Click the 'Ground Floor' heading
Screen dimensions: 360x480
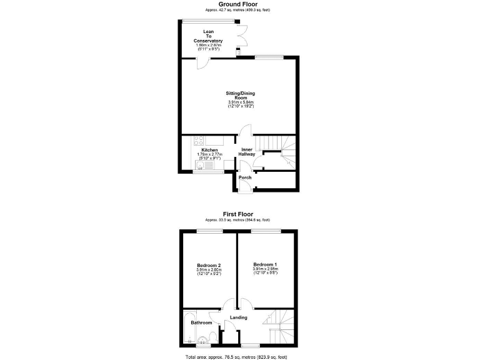tap(237, 4)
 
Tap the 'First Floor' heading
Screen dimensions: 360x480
tap(237, 214)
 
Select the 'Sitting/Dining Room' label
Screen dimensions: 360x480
tap(240, 96)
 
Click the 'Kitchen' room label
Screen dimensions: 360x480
tap(209, 150)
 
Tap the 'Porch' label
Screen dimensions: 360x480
tap(245, 177)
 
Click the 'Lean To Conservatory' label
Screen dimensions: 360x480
tap(209, 36)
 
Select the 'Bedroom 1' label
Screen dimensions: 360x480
tap(266, 264)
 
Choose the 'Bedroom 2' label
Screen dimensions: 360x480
tap(209, 265)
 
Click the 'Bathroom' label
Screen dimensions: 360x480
tap(201, 322)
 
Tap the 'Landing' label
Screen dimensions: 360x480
tap(239, 317)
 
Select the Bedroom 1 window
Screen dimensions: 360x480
tap(266, 231)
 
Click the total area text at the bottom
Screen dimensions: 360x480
tap(236, 356)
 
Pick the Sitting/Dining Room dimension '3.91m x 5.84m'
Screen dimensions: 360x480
tap(240, 102)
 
